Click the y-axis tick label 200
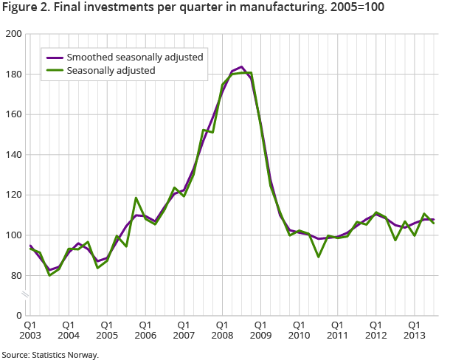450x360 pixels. click(14, 35)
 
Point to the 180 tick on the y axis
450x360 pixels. click(14, 75)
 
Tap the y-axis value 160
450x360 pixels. click(14, 115)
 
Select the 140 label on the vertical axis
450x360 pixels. click(14, 155)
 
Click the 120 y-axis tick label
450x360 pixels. click(14, 195)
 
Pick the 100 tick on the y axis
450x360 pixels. click(14, 235)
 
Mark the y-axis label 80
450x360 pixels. click(16, 276)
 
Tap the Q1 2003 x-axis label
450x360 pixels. click(30, 329)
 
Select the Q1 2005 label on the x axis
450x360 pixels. click(106, 329)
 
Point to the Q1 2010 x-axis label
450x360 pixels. click(298, 329)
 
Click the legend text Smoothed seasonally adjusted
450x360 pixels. click(134, 58)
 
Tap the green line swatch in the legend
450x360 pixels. click(53, 71)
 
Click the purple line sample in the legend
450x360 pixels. click(53, 58)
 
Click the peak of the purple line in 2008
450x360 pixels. click(242, 67)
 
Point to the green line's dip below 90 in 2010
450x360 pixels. click(318, 256)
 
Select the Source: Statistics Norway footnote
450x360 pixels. click(49, 354)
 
